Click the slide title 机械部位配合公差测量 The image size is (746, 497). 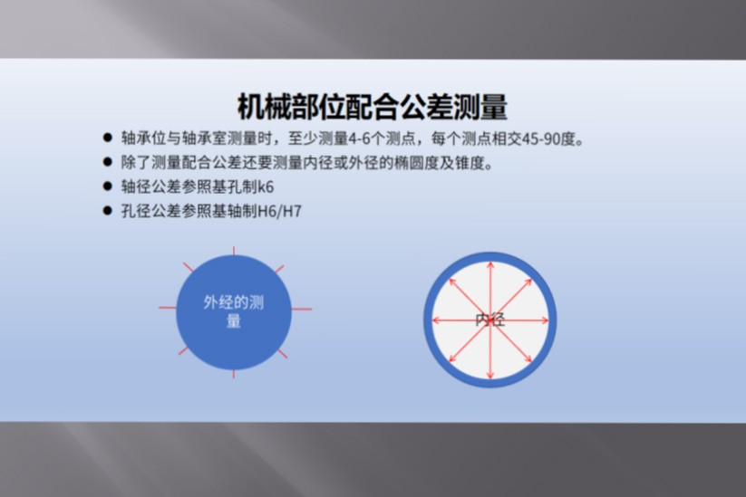(x=373, y=107)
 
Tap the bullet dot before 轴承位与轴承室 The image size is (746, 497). (x=108, y=139)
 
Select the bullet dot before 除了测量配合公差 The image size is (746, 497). (x=108, y=162)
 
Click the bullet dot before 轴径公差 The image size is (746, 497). (x=108, y=186)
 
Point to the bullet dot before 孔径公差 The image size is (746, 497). (x=108, y=210)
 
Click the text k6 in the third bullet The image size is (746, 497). (x=266, y=186)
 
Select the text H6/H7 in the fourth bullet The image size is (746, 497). (x=279, y=211)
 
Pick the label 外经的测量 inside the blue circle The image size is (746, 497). (x=234, y=311)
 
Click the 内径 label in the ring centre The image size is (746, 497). (x=490, y=320)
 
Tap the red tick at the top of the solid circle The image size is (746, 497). (x=234, y=251)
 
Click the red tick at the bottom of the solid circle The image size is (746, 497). (x=234, y=374)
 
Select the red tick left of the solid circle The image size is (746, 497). (x=168, y=308)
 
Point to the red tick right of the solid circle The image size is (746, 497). (x=302, y=309)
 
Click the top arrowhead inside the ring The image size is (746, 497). (x=490, y=264)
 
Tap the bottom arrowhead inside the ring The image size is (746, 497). (x=490, y=376)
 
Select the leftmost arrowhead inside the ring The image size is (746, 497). (x=435, y=320)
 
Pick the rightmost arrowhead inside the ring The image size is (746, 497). (x=546, y=320)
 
